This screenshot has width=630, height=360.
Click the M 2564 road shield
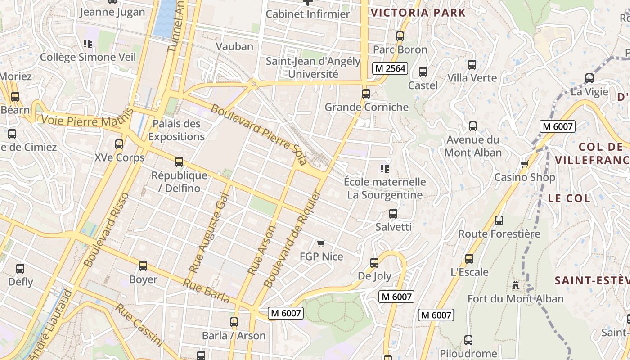click(390, 68)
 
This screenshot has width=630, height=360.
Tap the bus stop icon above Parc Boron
click(400, 36)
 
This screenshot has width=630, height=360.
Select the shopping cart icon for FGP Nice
click(321, 243)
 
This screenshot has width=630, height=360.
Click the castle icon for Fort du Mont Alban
click(515, 285)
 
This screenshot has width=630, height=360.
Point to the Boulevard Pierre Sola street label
click(259, 134)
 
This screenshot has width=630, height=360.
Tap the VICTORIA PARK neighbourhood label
click(418, 13)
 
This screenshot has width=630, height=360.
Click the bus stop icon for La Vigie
click(589, 78)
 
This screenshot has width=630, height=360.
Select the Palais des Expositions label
click(176, 130)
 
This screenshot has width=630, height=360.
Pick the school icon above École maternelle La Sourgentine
click(384, 169)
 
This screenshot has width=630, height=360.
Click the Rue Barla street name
click(207, 291)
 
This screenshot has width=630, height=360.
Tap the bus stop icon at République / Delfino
click(179, 162)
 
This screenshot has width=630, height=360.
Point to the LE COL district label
click(569, 198)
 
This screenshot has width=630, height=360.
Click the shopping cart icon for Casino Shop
click(524, 164)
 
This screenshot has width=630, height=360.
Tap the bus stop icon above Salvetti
click(393, 214)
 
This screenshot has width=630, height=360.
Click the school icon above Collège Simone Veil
click(88, 44)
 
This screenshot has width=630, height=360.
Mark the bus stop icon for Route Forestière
click(499, 220)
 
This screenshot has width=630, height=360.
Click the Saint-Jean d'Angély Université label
click(313, 67)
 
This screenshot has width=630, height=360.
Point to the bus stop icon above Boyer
click(143, 266)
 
